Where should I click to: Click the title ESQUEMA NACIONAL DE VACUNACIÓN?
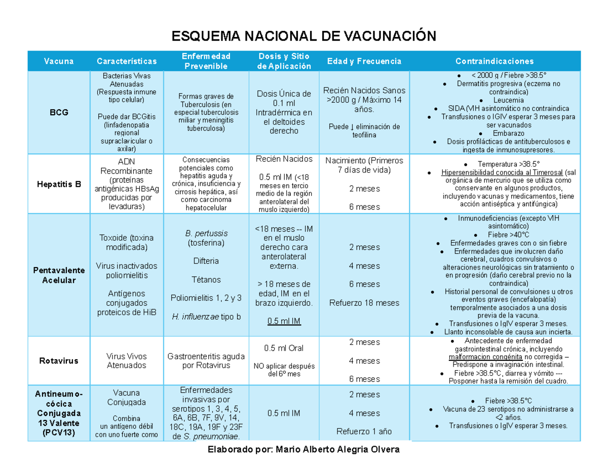point(303,36)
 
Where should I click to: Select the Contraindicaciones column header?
point(494,61)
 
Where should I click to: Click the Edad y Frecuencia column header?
point(364,61)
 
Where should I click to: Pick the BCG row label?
point(59,112)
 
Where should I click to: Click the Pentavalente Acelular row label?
point(59,275)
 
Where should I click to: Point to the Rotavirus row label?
point(59,361)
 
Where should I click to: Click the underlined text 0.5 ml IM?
point(284,321)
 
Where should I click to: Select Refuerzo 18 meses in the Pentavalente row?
point(364,303)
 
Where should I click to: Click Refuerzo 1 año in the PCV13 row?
point(364,432)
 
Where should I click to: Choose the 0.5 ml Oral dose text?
point(284,348)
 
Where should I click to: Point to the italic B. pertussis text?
point(206,233)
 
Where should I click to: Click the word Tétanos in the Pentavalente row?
point(206,279)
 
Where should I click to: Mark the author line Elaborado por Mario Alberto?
point(303,450)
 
